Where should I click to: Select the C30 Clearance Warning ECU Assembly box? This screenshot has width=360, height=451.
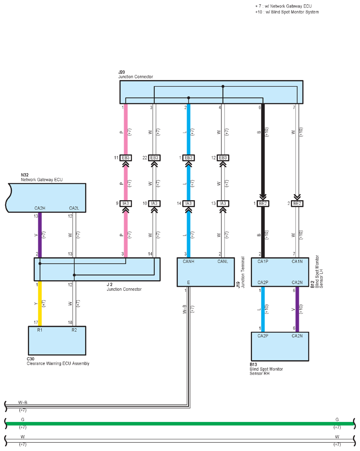coord(57,341)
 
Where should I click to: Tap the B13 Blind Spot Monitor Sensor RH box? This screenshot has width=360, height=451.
coord(280,346)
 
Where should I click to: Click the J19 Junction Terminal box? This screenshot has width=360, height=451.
coord(206,272)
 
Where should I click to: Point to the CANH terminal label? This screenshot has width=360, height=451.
coord(188,261)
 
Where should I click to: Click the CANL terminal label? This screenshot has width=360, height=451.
coord(223,261)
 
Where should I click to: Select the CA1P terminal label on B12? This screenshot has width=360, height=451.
coord(263,261)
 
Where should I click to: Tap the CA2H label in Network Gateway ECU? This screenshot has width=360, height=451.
coord(40,208)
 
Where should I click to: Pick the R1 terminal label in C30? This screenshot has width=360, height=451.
coord(40,330)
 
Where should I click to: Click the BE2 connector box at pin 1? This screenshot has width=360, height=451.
coord(263,203)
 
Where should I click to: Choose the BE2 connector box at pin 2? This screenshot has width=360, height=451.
coord(297,203)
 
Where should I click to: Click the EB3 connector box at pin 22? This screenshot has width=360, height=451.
coord(154,158)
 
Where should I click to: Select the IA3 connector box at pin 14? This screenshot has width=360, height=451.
coord(188,203)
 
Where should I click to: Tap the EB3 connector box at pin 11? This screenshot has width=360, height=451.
coord(126,158)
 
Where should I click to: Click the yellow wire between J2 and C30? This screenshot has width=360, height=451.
coord(40,304)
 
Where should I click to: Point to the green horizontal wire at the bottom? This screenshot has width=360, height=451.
coord(180,423)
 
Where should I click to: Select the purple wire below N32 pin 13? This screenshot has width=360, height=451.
coord(40,235)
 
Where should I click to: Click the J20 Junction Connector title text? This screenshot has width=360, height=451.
coord(136,74)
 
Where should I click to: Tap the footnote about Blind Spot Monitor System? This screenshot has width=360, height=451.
coord(287,12)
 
